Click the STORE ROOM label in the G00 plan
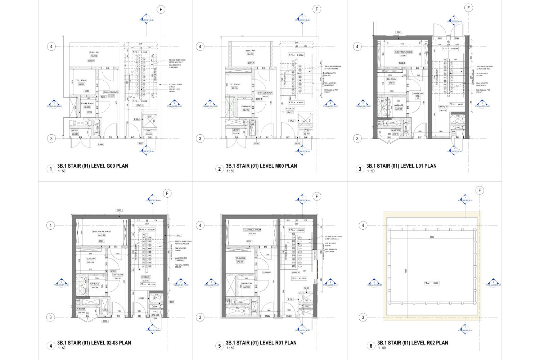[x=87, y=103]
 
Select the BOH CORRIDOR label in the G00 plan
[x=111, y=93]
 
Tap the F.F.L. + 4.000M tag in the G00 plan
[x=140, y=101]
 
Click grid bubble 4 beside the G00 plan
[x=51, y=46]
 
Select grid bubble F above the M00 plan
[x=316, y=9]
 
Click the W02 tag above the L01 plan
[x=399, y=32]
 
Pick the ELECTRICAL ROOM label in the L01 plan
[x=403, y=52]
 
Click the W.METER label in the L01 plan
[x=396, y=130]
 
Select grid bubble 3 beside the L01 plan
[x=357, y=138]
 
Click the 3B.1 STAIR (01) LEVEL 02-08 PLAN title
[x=94, y=343]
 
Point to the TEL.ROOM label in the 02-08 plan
[x=90, y=259]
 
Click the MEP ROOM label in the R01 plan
[x=247, y=283]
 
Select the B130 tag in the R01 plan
[x=290, y=299]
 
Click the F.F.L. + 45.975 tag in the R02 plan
[x=431, y=283]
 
